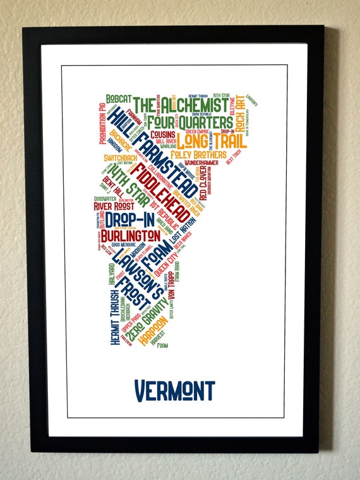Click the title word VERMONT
pos(175,390)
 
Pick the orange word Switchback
pos(116,158)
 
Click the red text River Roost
pos(112,206)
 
